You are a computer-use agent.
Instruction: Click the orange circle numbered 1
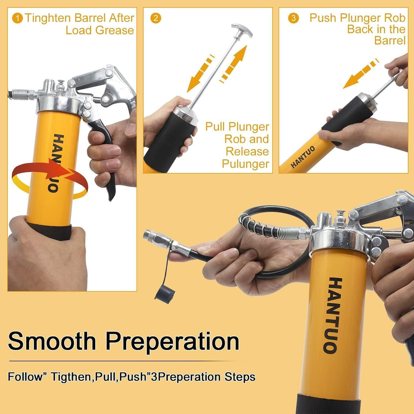(17, 18)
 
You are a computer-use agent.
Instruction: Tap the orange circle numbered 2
(156, 18)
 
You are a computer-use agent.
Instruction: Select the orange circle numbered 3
(293, 18)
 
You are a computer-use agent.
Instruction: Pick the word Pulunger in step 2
(245, 164)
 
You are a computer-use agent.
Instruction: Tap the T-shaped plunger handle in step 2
(242, 30)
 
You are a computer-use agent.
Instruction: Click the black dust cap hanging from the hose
(165, 293)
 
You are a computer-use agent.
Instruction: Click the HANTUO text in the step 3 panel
(303, 157)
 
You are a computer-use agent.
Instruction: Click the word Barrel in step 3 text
(389, 41)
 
